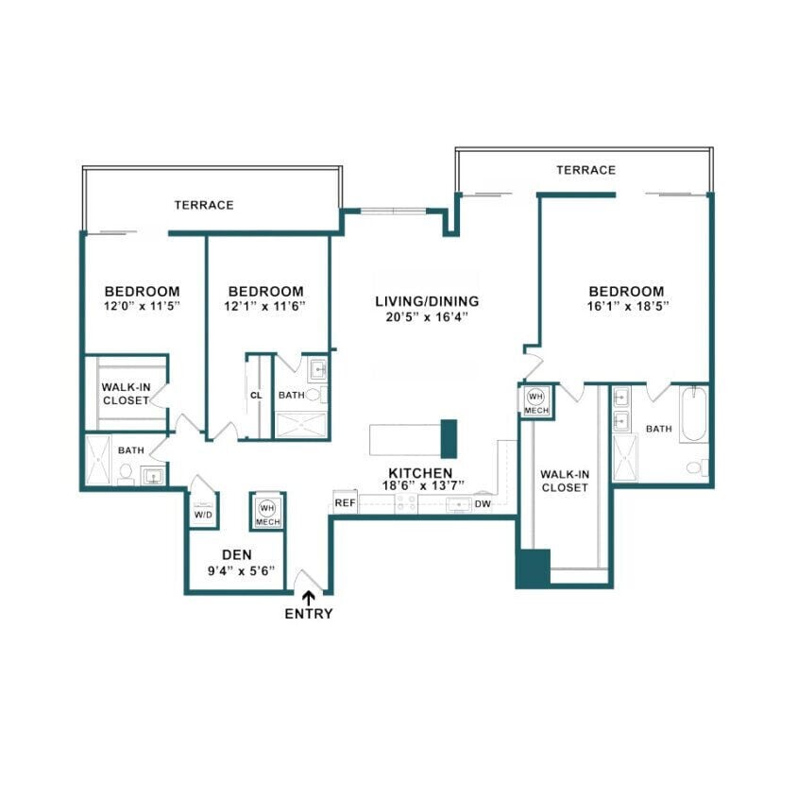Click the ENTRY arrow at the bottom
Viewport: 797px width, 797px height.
[x=310, y=597]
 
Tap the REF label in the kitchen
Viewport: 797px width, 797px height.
[x=345, y=503]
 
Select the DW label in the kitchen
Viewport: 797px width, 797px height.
[x=483, y=504]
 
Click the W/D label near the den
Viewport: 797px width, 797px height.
[x=202, y=516]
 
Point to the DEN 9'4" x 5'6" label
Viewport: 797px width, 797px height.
[x=235, y=563]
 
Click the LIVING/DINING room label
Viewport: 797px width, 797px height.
[x=427, y=301]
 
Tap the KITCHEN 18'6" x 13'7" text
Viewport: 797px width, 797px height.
[x=421, y=480]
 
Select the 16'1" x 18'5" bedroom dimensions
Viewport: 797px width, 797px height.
[x=626, y=307]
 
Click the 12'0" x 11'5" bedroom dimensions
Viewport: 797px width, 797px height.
[x=142, y=307]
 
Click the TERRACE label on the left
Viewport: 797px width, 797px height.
[x=203, y=204]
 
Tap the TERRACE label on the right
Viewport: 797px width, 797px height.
[x=585, y=170]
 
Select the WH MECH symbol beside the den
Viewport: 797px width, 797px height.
[x=266, y=511]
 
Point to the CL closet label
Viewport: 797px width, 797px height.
[x=255, y=396]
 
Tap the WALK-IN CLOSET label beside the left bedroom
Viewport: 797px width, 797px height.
[x=126, y=393]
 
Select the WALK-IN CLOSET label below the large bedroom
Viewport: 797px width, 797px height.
[x=565, y=481]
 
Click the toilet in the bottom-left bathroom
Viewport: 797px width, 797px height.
[x=125, y=475]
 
